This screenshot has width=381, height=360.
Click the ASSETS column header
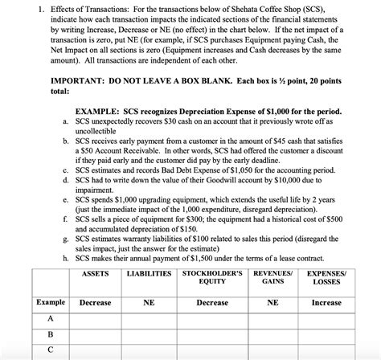(x=96, y=274)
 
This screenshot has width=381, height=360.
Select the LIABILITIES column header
(x=150, y=274)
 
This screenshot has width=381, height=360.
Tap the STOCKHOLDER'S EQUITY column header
(x=212, y=278)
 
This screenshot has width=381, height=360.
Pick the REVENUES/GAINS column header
(x=272, y=278)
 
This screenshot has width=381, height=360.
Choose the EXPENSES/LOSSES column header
(x=327, y=278)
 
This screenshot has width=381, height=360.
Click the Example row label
(x=51, y=302)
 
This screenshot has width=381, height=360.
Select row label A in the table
(x=51, y=318)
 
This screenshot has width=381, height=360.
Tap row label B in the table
(x=51, y=334)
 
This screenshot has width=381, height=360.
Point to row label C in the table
(x=51, y=350)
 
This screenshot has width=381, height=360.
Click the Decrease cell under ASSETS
(x=96, y=302)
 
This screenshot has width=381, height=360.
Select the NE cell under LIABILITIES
(x=150, y=302)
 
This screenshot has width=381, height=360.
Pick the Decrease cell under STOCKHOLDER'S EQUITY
(x=212, y=302)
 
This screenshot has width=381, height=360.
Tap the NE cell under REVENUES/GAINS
(x=272, y=302)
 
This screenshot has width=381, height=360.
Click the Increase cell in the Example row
(x=327, y=302)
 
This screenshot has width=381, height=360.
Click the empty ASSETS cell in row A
(x=96, y=318)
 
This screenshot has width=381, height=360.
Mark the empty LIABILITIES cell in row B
(x=150, y=334)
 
